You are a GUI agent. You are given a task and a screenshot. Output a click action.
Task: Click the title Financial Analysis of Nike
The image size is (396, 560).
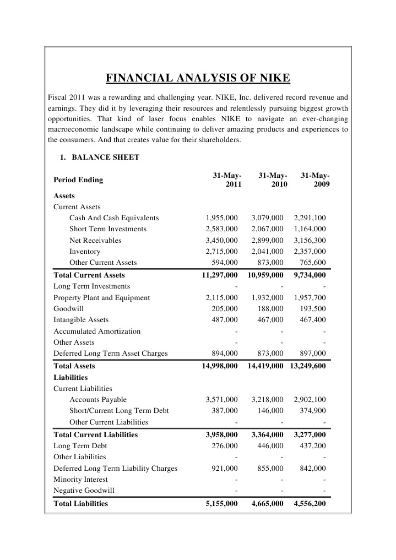click(x=198, y=77)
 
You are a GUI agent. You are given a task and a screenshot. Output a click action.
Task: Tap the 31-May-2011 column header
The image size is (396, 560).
click(x=227, y=180)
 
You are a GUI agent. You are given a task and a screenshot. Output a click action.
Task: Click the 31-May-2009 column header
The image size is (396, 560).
click(x=316, y=180)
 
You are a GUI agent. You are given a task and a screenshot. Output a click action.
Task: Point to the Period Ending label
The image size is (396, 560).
click(x=78, y=180)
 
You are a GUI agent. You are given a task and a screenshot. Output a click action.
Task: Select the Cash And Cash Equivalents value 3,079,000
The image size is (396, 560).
click(x=267, y=218)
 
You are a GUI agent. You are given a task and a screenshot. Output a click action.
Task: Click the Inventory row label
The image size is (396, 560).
click(x=84, y=251)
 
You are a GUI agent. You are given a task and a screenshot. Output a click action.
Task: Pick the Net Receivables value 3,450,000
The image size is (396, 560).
click(x=221, y=240)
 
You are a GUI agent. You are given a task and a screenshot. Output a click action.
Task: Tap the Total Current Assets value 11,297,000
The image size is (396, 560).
click(x=220, y=275)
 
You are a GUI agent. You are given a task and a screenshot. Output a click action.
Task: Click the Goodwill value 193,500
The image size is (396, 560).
click(x=312, y=308)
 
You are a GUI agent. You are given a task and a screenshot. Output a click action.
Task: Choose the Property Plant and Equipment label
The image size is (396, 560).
click(x=101, y=297)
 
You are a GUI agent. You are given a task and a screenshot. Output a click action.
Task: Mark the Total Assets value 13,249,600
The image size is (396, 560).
click(x=307, y=366)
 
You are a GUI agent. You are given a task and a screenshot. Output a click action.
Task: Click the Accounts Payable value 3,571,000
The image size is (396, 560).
click(x=221, y=399)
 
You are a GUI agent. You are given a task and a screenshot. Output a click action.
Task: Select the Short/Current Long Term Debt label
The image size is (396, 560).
click(x=119, y=410)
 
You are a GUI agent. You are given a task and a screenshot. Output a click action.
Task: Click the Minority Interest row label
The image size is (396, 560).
click(x=80, y=479)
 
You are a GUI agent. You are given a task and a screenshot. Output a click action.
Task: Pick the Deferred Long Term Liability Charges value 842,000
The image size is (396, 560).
click(x=312, y=468)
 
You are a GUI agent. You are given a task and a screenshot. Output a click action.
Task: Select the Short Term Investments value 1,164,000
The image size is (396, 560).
click(x=310, y=229)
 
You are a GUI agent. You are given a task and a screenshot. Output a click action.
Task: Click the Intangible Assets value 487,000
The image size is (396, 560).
click(x=225, y=319)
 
